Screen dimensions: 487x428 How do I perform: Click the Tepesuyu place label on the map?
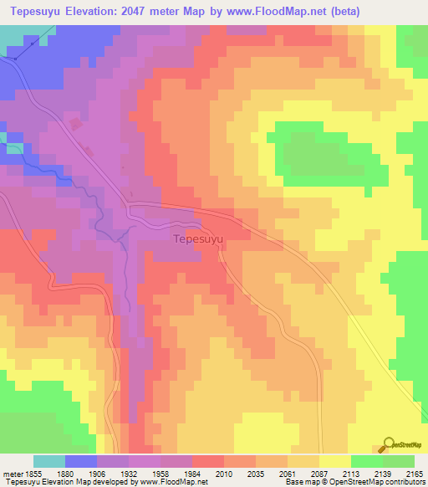click(198, 238)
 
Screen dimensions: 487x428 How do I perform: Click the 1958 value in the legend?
click(161, 474)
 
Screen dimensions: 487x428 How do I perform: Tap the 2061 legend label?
click(289, 474)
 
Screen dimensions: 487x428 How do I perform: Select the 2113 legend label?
click(352, 474)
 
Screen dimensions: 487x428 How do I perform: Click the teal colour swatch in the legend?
click(49, 461)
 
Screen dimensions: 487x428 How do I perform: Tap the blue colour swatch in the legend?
click(81, 461)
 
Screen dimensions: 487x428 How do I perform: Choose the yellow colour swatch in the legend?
click(334, 461)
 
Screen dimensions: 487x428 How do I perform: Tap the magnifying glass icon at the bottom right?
click(387, 444)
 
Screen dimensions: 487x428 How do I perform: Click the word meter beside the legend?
click(12, 474)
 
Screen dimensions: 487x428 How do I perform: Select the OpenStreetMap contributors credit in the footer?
click(377, 483)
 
